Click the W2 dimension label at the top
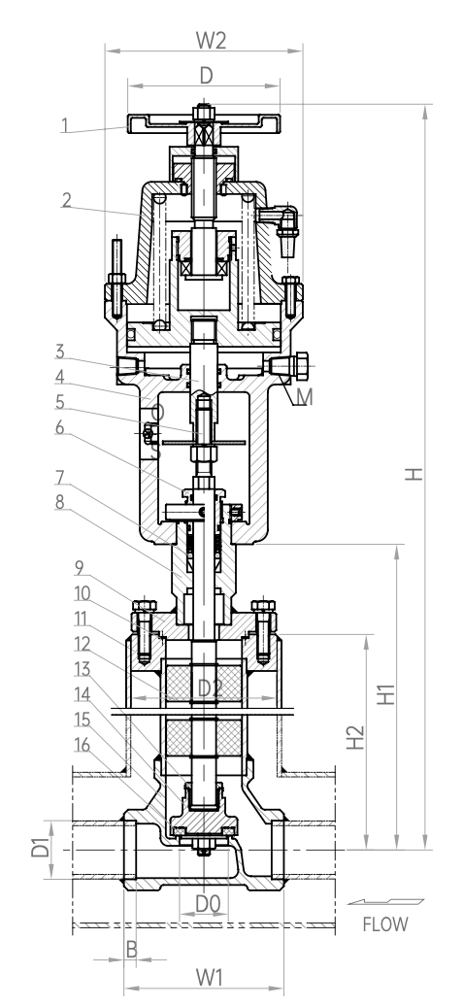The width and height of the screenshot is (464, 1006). [x=212, y=41]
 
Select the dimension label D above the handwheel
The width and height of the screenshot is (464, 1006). [x=206, y=76]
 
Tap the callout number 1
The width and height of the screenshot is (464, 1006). [x=65, y=124]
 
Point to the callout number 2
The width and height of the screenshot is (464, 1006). [x=66, y=199]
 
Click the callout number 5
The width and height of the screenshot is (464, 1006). [x=59, y=402]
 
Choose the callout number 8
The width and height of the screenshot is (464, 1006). [x=59, y=502]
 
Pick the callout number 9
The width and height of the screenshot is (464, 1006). [x=80, y=568]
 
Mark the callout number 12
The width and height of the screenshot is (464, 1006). [x=83, y=644]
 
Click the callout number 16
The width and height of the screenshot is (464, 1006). [x=83, y=745]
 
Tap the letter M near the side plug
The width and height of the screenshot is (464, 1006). [x=304, y=397]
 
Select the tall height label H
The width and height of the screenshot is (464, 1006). [x=415, y=474]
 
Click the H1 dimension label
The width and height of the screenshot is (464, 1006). [x=385, y=694]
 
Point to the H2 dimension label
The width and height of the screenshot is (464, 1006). [x=355, y=738]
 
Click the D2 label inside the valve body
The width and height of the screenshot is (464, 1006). [x=210, y=688]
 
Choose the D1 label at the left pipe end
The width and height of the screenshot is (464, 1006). [x=40, y=847]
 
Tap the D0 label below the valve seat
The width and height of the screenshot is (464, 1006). [x=208, y=904]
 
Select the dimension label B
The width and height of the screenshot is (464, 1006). [x=131, y=950]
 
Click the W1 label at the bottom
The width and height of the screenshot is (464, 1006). [x=210, y=978]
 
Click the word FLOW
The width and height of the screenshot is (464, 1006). [x=385, y=924]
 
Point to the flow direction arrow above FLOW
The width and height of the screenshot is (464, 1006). [x=385, y=901]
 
